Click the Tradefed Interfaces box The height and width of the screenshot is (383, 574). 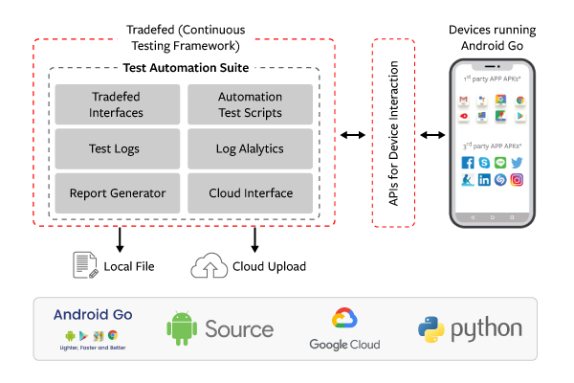click(x=118, y=104)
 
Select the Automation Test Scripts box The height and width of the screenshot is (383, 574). click(x=250, y=104)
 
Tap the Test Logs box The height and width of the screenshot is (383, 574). click(x=118, y=148)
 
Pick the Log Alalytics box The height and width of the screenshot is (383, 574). click(x=250, y=148)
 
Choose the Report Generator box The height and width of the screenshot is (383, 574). click(x=118, y=192)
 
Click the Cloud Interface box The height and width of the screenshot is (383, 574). click(x=250, y=192)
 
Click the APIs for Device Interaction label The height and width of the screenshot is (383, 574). click(x=392, y=133)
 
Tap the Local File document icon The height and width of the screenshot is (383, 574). click(x=87, y=265)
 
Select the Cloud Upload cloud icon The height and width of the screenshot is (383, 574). click(x=210, y=265)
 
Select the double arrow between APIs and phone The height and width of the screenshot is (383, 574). click(x=433, y=135)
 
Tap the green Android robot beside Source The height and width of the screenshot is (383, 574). click(x=182, y=328)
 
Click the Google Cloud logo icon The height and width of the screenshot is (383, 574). click(x=343, y=320)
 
